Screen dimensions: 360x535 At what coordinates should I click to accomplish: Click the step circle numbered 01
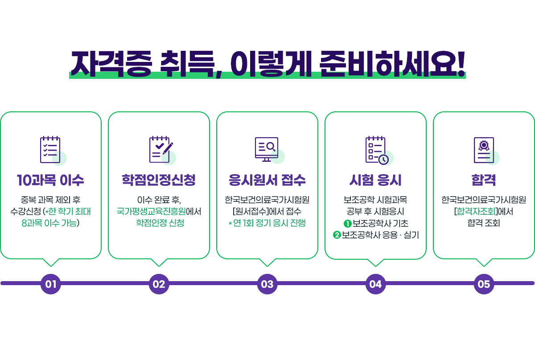(51, 284)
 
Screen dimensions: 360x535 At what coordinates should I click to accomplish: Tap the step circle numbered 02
(159, 284)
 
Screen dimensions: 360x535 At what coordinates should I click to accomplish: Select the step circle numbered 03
(267, 284)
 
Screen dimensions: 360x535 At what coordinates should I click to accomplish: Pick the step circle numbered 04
(375, 284)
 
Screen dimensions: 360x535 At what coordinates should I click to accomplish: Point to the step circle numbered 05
(484, 284)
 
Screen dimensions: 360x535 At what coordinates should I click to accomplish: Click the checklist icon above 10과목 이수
(50, 150)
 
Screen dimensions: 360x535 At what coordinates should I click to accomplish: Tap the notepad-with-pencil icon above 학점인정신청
(160, 150)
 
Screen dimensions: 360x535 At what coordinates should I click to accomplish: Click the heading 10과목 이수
(50, 180)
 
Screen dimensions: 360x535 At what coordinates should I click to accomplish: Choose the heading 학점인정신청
(159, 180)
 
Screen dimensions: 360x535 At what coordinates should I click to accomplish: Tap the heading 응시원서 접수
(267, 180)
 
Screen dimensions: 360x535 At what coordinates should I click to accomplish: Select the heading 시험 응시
(375, 180)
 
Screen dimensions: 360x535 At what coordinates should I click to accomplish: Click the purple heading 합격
(484, 180)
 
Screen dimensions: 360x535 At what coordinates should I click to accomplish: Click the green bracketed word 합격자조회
(474, 211)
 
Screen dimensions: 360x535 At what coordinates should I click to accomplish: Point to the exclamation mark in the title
(461, 65)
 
